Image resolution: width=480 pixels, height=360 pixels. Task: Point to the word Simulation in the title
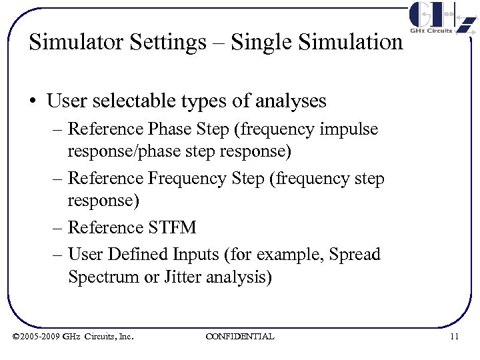[x=351, y=42]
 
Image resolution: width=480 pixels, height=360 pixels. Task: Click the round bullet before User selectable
[x=33, y=101]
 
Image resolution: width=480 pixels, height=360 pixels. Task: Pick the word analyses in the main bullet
[x=287, y=101]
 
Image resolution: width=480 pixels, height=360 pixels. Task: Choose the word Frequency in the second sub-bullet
[x=187, y=179]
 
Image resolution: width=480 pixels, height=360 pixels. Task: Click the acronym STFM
[x=171, y=227]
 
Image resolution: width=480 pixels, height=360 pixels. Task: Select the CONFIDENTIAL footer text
[x=239, y=337]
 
